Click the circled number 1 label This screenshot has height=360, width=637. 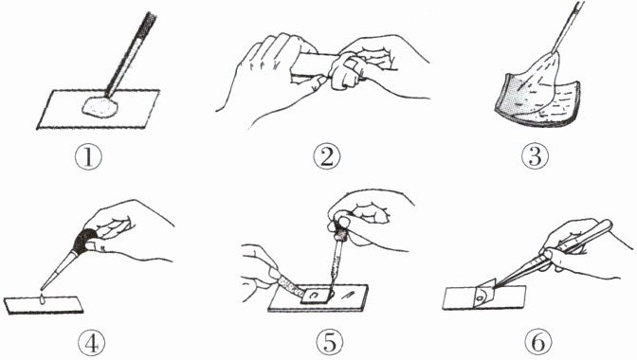point(88,157)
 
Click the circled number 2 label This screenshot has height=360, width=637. point(327,157)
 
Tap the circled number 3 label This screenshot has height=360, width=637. point(535,156)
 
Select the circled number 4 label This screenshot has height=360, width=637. point(91,344)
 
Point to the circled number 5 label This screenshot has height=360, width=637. point(330,343)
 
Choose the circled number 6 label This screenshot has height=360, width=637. point(538,343)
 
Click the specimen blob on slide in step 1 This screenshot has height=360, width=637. point(100,108)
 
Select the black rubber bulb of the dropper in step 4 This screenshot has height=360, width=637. point(84,241)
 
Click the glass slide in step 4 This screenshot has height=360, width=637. point(44,305)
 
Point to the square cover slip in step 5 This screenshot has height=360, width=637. point(314,295)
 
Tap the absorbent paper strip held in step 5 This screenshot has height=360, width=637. point(289,284)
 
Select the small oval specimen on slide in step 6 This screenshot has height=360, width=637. point(481,298)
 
